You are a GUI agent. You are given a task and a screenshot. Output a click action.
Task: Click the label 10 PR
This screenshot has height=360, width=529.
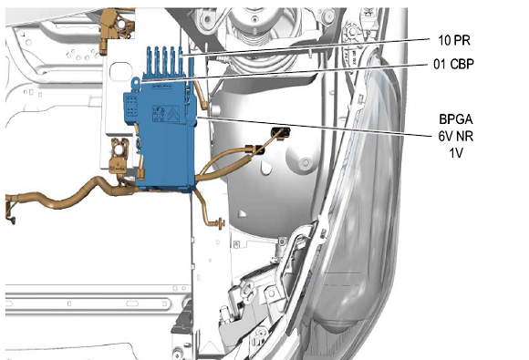coord(454,40)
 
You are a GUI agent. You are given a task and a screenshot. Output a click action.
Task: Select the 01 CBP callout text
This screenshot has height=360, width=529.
coord(453,64)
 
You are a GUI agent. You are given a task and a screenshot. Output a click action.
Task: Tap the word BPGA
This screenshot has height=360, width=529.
coord(456,119)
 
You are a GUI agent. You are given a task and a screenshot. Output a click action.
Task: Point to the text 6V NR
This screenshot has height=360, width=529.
coord(456,136)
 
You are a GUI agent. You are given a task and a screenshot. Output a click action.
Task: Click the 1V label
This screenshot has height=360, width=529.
coord(456,153)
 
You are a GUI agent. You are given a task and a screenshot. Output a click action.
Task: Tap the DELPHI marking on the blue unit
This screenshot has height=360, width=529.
coord(162,87)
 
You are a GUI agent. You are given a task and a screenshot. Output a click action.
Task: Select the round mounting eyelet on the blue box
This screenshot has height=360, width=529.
coord(136,82)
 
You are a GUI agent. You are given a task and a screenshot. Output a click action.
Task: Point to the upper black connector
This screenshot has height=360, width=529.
coord(281,132)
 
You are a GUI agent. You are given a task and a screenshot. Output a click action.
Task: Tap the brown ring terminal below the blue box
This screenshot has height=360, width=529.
coord(221,223)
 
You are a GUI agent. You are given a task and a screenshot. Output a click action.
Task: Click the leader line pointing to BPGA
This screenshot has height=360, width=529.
coord(315,127)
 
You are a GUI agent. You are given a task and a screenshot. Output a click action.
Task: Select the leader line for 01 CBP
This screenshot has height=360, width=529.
coord(285,72)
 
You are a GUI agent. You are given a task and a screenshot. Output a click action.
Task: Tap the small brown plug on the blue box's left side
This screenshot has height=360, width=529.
coord(141,174)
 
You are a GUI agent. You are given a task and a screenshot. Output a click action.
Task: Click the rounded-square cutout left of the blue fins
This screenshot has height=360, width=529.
coord(120,71)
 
